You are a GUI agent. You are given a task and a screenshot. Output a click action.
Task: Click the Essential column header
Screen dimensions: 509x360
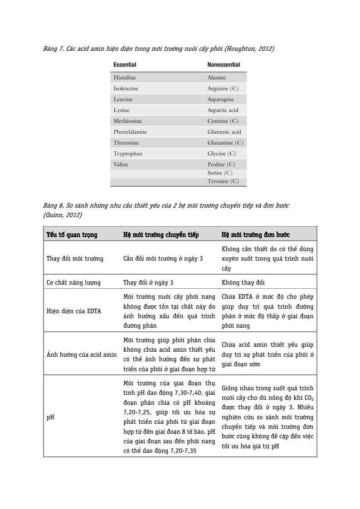click(125, 65)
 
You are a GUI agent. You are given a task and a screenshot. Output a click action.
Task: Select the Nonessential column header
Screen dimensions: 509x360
click(224, 65)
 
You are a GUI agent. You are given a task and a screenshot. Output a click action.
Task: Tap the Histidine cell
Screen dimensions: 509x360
click(125, 78)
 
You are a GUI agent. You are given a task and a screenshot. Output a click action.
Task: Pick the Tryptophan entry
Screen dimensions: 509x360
click(128, 154)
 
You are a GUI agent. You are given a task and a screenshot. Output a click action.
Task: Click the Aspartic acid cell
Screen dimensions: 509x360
click(223, 110)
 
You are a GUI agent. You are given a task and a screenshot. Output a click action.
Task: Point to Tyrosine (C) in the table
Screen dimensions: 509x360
click(223, 181)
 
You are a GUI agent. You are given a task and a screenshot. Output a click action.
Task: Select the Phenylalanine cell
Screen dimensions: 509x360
click(130, 132)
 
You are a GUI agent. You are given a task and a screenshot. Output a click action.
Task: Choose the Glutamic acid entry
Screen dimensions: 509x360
click(224, 132)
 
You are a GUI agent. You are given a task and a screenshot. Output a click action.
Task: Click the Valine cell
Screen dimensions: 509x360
click(121, 165)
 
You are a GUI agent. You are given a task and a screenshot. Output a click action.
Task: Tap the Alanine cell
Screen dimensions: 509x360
click(216, 78)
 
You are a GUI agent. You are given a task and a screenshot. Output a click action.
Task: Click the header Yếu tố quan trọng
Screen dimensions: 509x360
click(72, 235)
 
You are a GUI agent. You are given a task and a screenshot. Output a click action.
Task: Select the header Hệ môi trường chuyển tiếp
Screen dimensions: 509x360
click(161, 235)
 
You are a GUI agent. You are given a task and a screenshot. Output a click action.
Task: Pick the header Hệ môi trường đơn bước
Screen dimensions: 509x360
click(256, 235)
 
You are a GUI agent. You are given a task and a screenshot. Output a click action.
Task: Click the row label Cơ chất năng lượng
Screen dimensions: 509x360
click(73, 282)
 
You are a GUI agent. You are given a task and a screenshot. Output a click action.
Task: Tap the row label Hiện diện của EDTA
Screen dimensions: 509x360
click(74, 311)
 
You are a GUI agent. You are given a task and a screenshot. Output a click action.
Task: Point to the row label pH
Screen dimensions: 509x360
click(50, 417)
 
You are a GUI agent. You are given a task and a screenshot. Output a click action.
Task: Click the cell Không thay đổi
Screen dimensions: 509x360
click(243, 282)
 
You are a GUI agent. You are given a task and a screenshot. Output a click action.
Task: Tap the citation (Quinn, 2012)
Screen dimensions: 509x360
click(63, 215)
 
